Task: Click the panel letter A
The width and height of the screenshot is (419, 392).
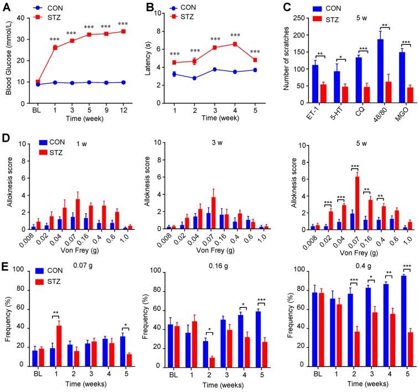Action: [7, 7]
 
